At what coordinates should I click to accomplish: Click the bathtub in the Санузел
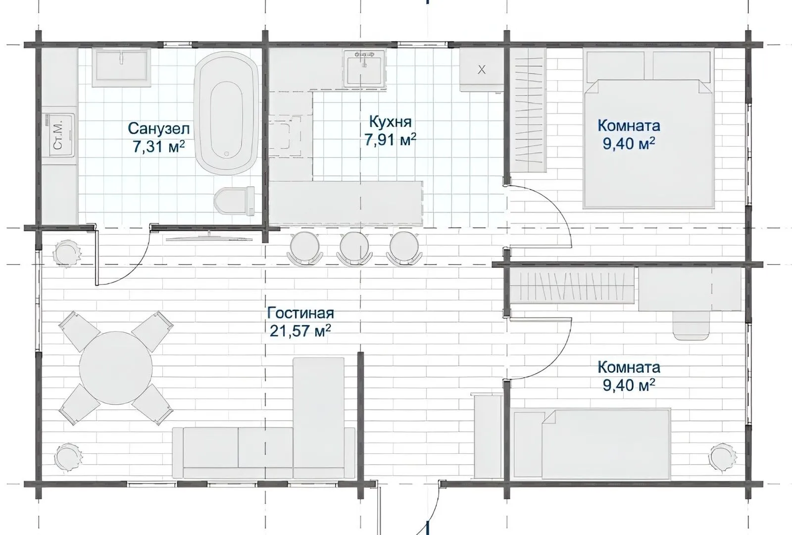tap(226, 113)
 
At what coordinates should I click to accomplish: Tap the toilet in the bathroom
tap(235, 201)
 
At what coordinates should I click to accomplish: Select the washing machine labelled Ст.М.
tap(60, 135)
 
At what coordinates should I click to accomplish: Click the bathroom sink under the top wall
tap(121, 67)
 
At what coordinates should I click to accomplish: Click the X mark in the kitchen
tap(482, 70)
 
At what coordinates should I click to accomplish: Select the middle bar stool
tap(354, 248)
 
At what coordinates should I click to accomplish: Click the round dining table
tap(116, 368)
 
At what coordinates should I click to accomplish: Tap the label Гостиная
tap(300, 313)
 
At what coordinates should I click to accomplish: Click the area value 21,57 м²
tap(300, 331)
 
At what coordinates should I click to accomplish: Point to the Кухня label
tap(391, 122)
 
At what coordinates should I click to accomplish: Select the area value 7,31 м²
tap(159, 146)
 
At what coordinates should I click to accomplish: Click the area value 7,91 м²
tap(391, 140)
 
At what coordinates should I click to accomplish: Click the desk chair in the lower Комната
tap(691, 325)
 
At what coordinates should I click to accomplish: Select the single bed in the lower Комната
tap(591, 444)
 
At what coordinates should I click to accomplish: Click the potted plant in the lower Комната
tap(723, 457)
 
